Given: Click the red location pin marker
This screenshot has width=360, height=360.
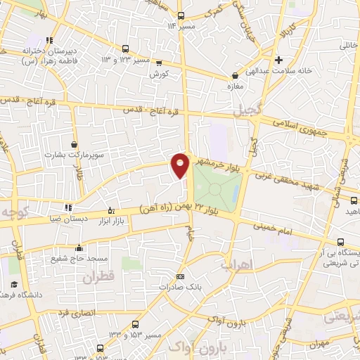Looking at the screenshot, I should pos(180,165).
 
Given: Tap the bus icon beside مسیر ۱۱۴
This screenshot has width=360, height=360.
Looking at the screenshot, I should pos(181,15).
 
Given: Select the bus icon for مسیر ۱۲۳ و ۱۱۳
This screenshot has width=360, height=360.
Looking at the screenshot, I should pos(125,49).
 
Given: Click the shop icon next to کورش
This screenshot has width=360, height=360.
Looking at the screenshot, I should pos(158,61).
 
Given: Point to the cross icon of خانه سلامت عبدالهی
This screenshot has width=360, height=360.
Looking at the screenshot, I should pos(279,60).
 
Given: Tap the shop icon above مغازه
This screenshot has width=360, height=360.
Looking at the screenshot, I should pos(235,75).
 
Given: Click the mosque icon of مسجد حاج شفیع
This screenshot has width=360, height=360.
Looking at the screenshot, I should pos(79,247).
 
